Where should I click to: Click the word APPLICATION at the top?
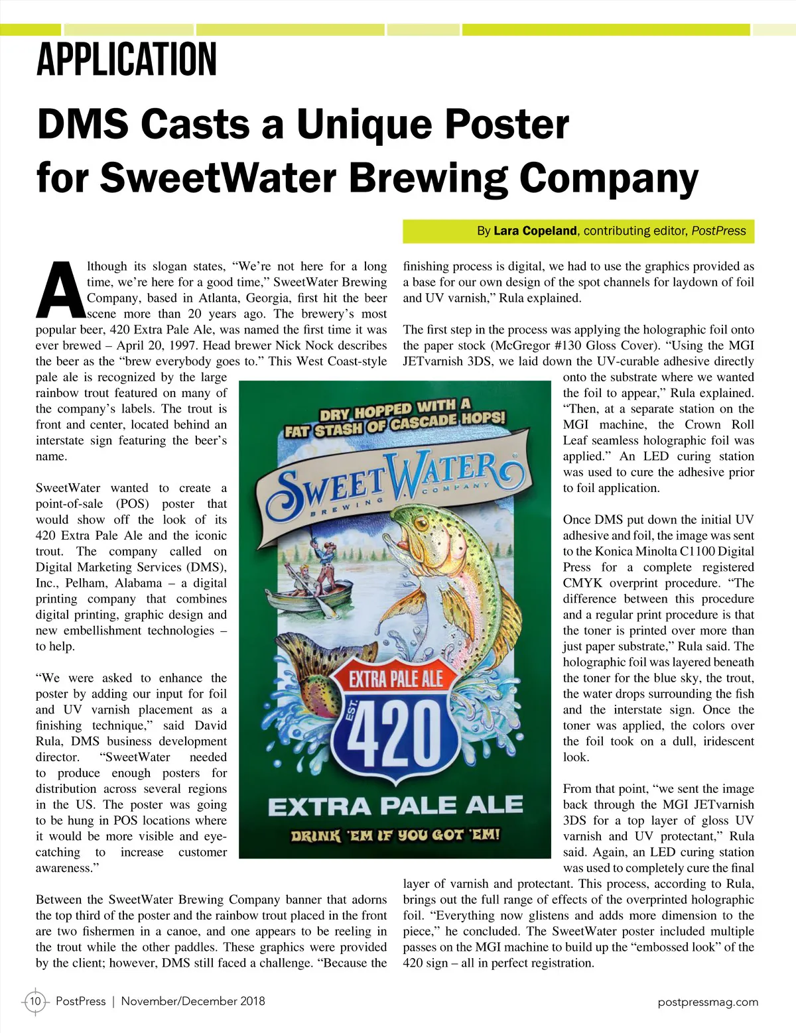pos(126,59)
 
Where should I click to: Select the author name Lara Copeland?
pos(535,231)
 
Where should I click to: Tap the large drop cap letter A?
pos(60,290)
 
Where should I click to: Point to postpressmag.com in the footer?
pos(708,1002)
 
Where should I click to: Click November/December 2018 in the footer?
pos(193,1001)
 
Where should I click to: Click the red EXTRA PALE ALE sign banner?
pos(396,679)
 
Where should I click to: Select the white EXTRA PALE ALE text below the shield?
pos(395,806)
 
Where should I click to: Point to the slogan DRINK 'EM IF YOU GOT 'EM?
pos(395,835)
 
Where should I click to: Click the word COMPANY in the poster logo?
pos(456,489)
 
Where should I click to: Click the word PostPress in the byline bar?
pos(718,231)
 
